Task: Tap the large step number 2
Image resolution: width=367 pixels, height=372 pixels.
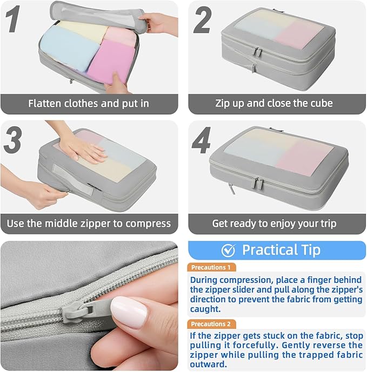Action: [x=203, y=22]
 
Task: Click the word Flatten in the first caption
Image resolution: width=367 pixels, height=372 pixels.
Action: [x=46, y=103]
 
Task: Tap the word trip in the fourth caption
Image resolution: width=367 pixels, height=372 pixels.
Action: [x=325, y=223]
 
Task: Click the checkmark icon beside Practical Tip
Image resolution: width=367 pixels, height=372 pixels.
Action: [x=228, y=250]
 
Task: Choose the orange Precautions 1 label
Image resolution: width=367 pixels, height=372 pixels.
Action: [x=212, y=267]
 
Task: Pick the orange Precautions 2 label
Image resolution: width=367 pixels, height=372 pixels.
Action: [x=212, y=324]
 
